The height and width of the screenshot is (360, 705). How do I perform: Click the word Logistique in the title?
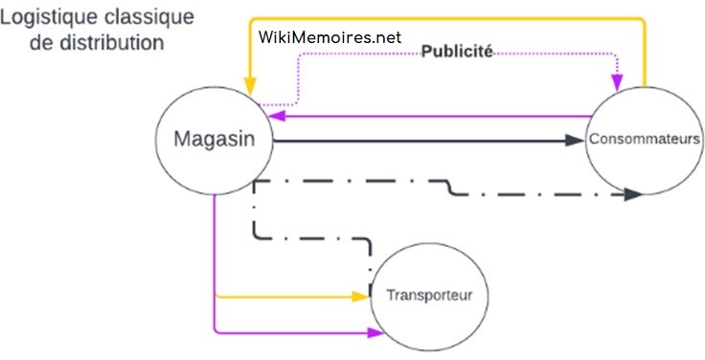45,18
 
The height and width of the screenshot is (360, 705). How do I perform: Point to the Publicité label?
458,53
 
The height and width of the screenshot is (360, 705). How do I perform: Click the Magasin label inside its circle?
214,139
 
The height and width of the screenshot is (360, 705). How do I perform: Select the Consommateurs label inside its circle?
646,140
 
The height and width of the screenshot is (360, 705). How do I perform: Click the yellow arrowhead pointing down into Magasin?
251,84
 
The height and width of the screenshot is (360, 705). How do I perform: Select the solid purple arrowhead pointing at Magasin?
276,116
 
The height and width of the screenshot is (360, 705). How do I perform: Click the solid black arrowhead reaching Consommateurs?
575,140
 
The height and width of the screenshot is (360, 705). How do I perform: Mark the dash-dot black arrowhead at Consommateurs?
631,194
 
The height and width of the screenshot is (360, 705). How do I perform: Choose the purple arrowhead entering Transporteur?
374,333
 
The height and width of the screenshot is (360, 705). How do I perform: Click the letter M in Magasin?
184,139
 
